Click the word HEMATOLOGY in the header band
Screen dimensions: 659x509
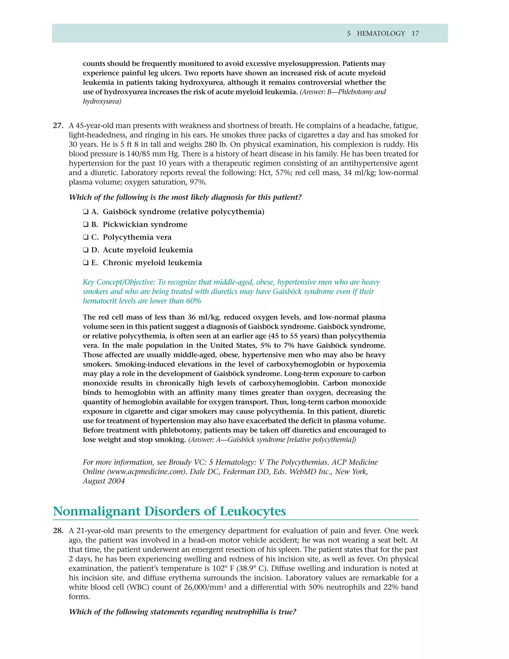coord(381,34)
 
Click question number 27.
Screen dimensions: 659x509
coord(58,126)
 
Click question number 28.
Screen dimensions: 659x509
coord(58,531)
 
